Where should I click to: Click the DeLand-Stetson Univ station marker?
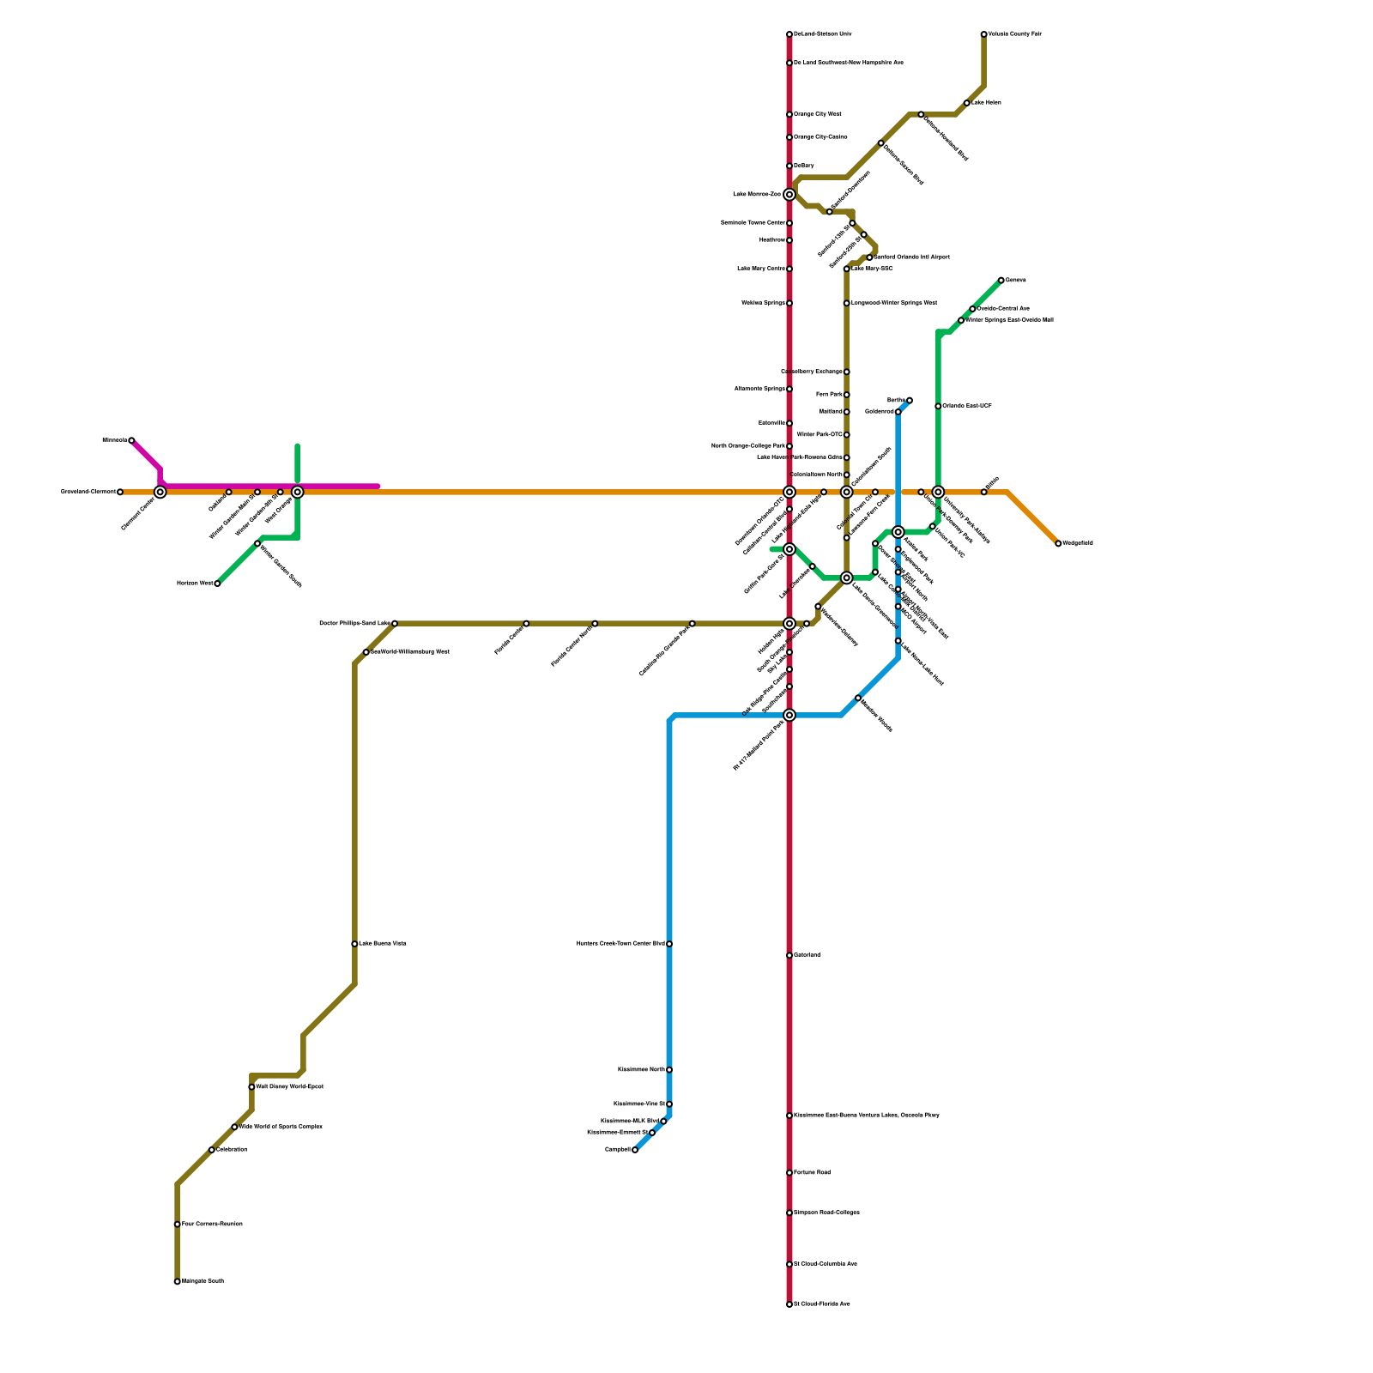pos(789,34)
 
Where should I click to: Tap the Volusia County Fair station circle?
pos(984,34)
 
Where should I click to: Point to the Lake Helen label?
pos(987,103)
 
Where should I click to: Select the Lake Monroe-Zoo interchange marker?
pos(789,195)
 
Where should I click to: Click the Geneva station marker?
pos(1001,280)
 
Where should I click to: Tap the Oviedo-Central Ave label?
pos(1003,308)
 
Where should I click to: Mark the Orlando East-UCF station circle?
pos(938,406)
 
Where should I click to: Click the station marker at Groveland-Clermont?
pos(120,492)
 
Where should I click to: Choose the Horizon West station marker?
pos(217,584)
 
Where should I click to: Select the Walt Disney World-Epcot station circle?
pos(251,1087)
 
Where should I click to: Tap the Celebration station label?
pos(232,1150)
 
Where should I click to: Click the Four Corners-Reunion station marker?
pos(177,1225)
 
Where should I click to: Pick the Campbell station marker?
pos(635,1150)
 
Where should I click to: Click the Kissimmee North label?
pos(641,1070)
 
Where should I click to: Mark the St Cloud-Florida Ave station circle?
pos(789,1304)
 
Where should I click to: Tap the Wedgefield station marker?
pos(1058,543)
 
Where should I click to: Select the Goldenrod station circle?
pos(898,412)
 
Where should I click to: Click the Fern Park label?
pos(829,395)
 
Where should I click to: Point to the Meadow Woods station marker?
pos(858,698)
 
